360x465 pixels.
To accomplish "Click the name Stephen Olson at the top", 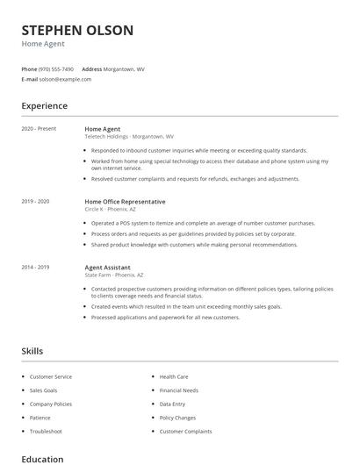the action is [x=77, y=31].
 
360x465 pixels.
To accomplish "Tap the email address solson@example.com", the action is [x=65, y=79].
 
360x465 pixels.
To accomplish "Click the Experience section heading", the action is [x=45, y=106].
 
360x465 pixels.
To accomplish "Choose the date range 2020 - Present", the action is [x=39, y=129].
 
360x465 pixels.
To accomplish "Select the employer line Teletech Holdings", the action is [x=129, y=137].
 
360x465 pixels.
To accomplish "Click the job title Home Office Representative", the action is [x=125, y=202].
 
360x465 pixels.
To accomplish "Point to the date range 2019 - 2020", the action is [x=36, y=202].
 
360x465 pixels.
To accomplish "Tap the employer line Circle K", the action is [x=111, y=210].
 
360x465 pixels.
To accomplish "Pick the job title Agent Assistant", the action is [x=107, y=267].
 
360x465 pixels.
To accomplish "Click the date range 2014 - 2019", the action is [x=36, y=267].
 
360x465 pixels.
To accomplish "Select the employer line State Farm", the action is [x=113, y=275].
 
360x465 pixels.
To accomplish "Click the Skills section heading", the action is [x=32, y=351].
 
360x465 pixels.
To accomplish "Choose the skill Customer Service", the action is [x=51, y=376].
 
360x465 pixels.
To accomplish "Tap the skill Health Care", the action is [x=174, y=376].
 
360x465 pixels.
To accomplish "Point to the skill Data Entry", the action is [x=172, y=404].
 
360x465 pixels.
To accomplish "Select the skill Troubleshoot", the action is [x=46, y=431].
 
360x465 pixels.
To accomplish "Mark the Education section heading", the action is [x=42, y=459].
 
